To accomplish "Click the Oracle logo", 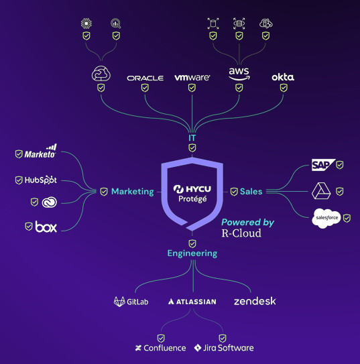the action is (x=145, y=78).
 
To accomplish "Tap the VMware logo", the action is (x=192, y=78).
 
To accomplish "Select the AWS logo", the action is (x=239, y=74).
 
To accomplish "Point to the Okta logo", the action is (x=283, y=77).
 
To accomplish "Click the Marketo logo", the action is (x=40, y=151).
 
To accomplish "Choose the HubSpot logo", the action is (x=41, y=180).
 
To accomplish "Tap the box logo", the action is (x=46, y=227).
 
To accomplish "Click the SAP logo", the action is (x=323, y=165).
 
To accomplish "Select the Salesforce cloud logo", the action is (x=326, y=218).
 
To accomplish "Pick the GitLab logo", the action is (x=131, y=302).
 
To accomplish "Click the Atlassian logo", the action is (x=192, y=302).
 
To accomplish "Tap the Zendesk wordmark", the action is (x=255, y=301).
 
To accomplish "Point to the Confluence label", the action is (x=160, y=348).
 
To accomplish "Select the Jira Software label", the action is (x=224, y=348).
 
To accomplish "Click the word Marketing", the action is (x=133, y=192).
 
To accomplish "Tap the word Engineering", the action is (x=192, y=253).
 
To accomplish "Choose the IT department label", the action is (x=192, y=138).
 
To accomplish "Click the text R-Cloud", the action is (x=241, y=233).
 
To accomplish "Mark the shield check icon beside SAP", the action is (x=340, y=165).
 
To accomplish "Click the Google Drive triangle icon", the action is (x=321, y=191).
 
